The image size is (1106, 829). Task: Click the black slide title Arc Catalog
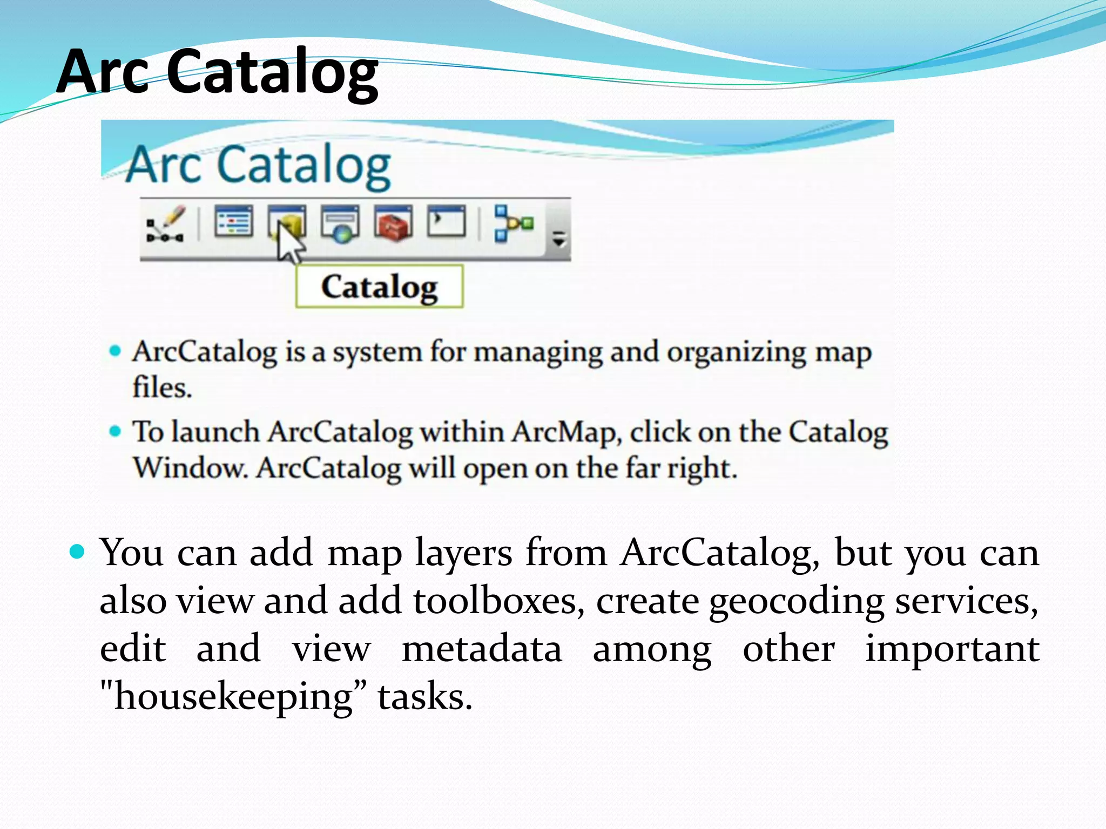(217, 72)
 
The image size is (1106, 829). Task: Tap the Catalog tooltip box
(379, 287)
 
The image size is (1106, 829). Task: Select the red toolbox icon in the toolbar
(393, 222)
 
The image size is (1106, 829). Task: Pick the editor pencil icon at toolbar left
(166, 223)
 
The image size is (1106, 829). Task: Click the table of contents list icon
(233, 221)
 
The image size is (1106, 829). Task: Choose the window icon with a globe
(340, 223)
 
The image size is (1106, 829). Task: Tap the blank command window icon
(446, 221)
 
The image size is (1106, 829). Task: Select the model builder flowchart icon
(513, 223)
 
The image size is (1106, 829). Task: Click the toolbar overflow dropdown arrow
(559, 238)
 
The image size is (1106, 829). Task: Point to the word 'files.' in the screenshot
(162, 388)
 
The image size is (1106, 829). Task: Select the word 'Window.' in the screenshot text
(190, 467)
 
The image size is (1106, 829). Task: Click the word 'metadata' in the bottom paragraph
(481, 649)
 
